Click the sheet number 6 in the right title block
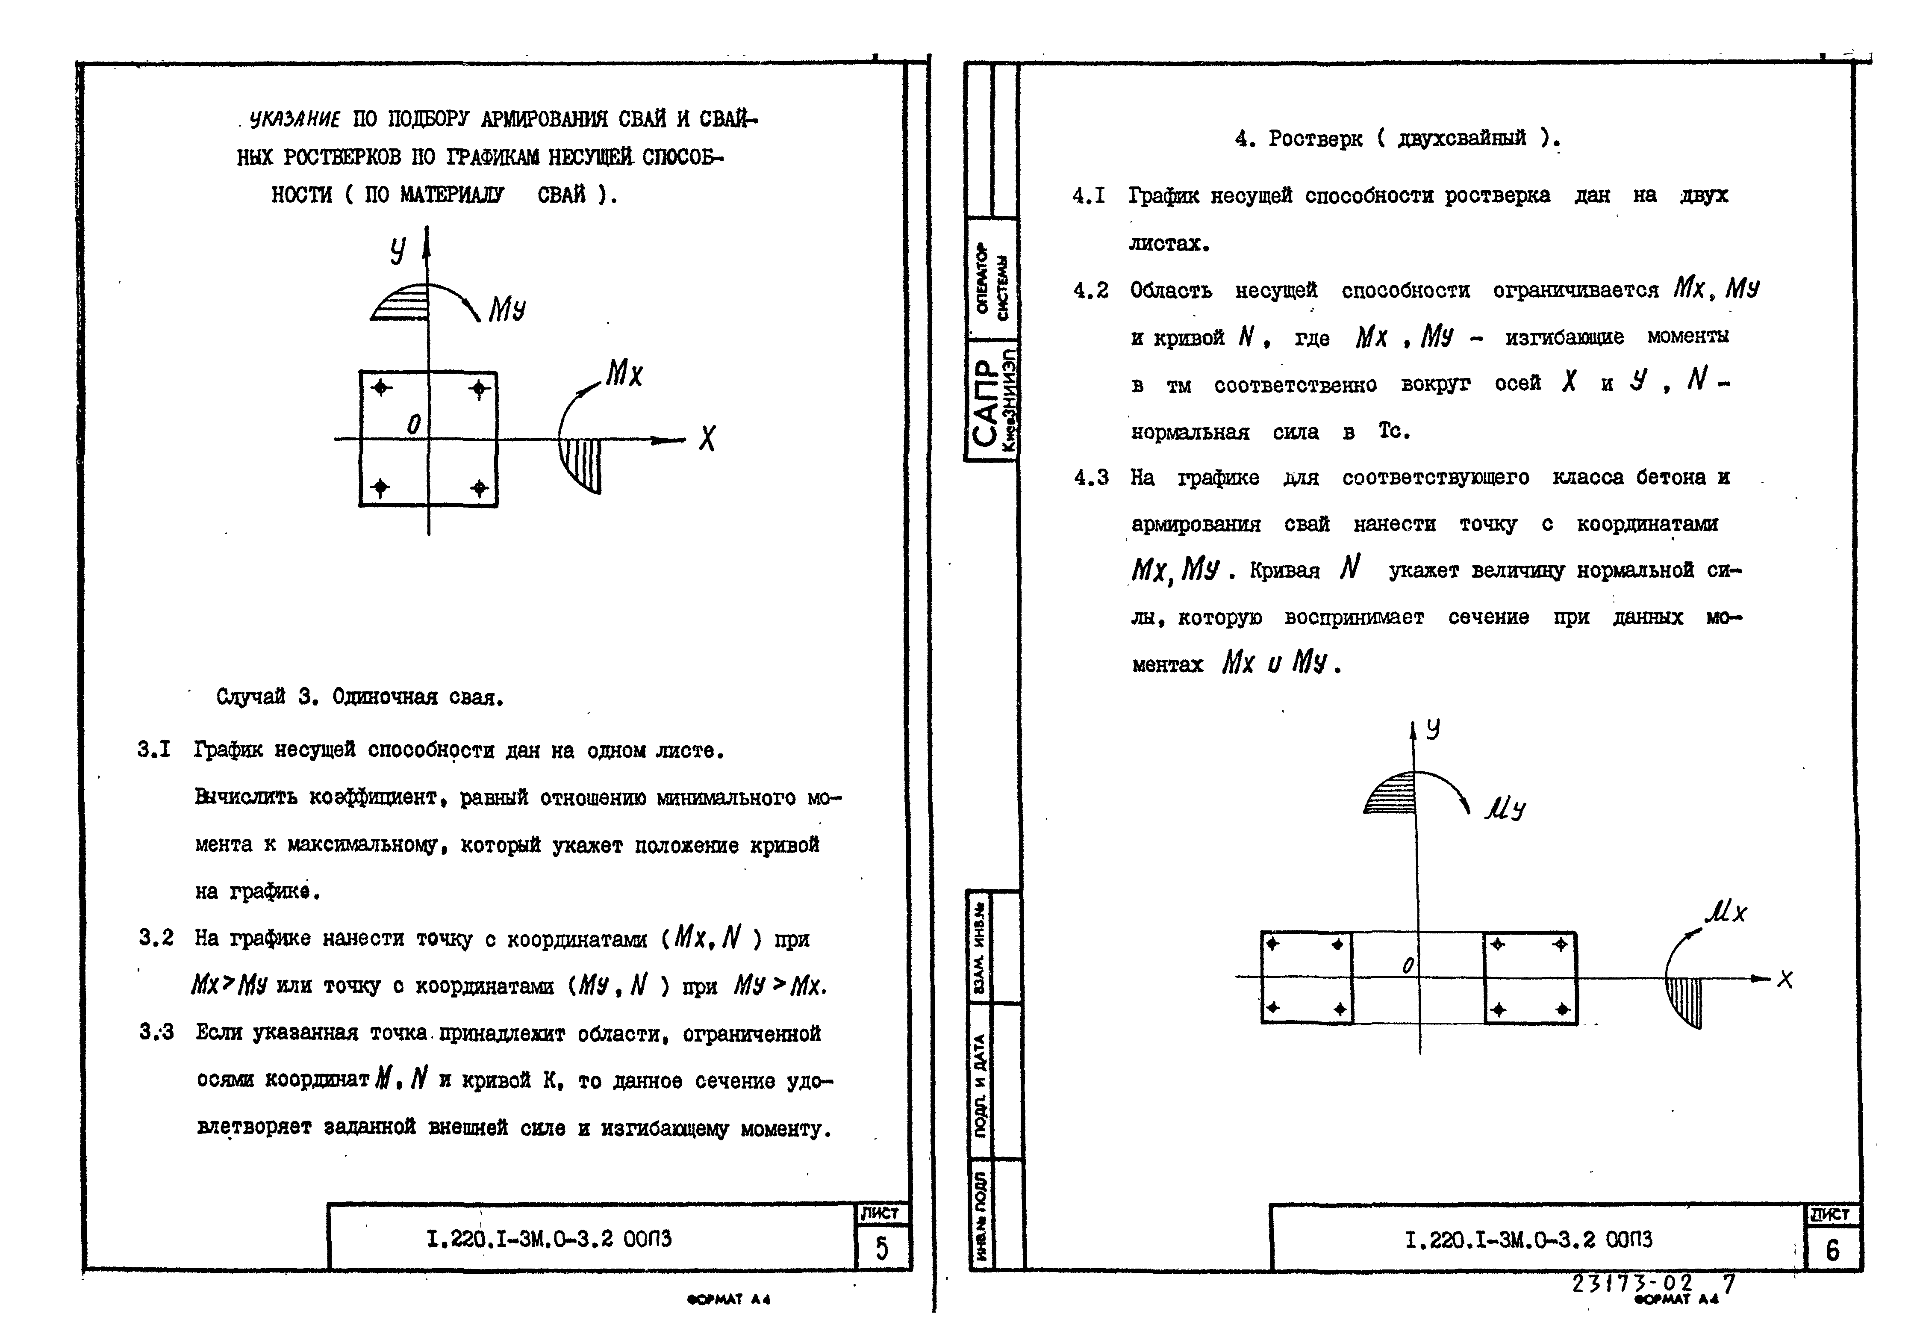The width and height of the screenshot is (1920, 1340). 1832,1250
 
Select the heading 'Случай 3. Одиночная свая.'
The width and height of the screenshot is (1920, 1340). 359,697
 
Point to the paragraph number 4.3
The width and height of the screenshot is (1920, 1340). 1091,478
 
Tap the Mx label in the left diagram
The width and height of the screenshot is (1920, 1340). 624,374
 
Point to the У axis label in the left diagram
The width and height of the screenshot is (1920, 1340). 399,249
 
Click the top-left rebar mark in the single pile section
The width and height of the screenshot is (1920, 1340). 381,387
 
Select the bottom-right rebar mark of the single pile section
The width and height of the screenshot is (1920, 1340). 479,488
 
